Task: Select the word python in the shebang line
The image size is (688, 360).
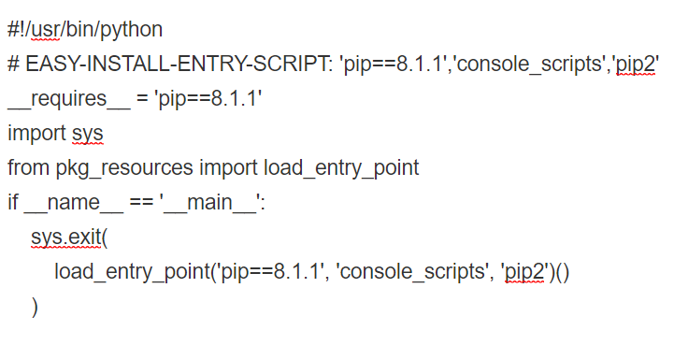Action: coord(134,29)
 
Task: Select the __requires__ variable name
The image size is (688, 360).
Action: coord(64,99)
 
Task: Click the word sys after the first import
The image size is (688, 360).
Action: coord(88,133)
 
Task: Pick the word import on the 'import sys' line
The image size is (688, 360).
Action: coord(36,133)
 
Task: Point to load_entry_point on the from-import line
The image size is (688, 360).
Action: coord(341,168)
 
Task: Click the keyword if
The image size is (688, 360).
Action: coord(13,202)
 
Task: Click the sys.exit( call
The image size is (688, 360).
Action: coord(69,238)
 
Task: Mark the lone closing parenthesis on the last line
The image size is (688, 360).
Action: coord(35,307)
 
